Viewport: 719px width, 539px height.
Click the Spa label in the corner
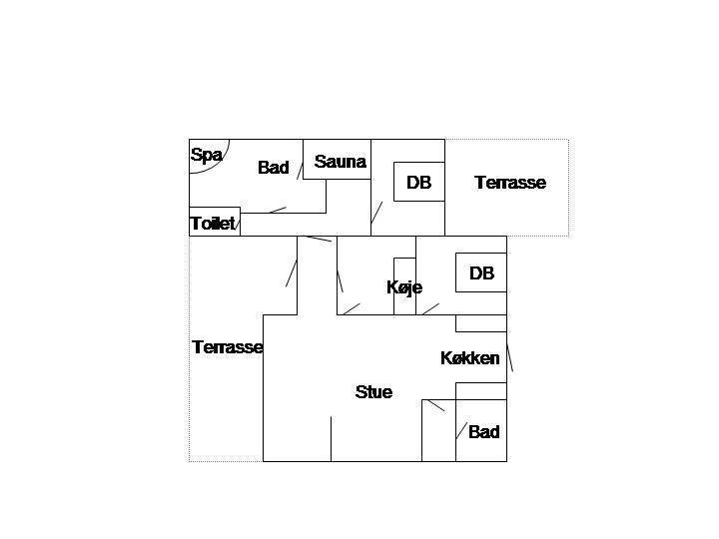[207, 155]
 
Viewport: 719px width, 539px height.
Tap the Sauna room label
[340, 162]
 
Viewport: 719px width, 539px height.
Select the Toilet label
[213, 224]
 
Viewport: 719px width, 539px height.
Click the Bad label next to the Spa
[274, 168]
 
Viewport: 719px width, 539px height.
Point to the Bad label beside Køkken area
[483, 432]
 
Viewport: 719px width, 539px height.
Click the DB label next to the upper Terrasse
[418, 183]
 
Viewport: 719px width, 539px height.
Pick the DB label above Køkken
[481, 273]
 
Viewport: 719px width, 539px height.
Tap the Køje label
[404, 287]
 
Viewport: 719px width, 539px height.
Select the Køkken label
[470, 358]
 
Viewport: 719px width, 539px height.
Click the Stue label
[373, 392]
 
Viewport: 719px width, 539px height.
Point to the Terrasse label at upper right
[510, 183]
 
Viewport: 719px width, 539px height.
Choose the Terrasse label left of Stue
[227, 347]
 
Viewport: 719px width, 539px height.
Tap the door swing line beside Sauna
[300, 171]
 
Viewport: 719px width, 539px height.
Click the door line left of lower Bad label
[461, 430]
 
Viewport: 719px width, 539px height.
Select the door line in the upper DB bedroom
[376, 213]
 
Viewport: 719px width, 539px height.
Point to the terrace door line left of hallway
[292, 273]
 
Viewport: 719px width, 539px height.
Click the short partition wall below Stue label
[332, 438]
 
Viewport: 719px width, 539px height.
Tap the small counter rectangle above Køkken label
[481, 323]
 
